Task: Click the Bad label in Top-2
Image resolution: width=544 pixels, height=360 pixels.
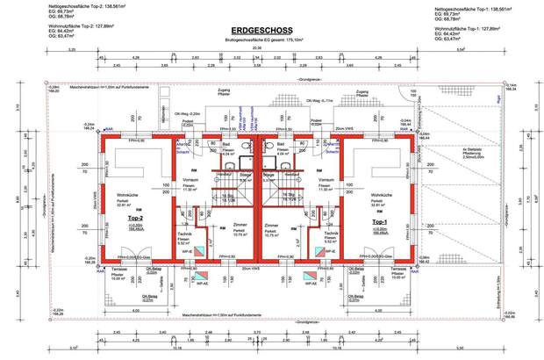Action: (x=225, y=143)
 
